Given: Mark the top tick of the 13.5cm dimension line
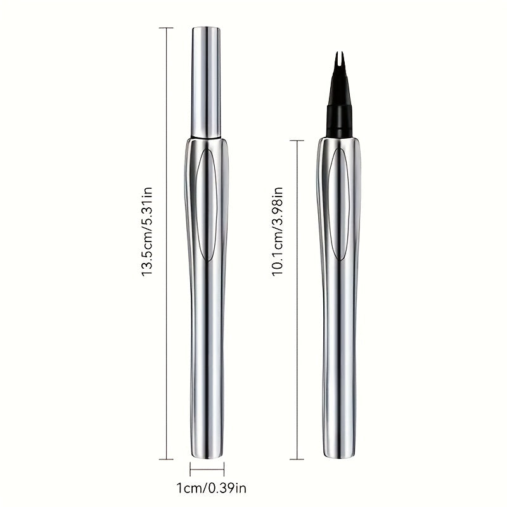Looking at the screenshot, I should (167, 28).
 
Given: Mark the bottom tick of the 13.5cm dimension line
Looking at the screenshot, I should (167, 459).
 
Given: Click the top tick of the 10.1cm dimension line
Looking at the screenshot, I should (297, 141).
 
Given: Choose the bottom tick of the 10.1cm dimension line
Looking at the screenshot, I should (297, 459).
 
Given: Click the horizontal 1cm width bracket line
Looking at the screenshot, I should (207, 470).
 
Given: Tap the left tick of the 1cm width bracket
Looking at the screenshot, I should (190, 470).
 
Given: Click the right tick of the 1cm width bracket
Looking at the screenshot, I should (224, 470).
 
